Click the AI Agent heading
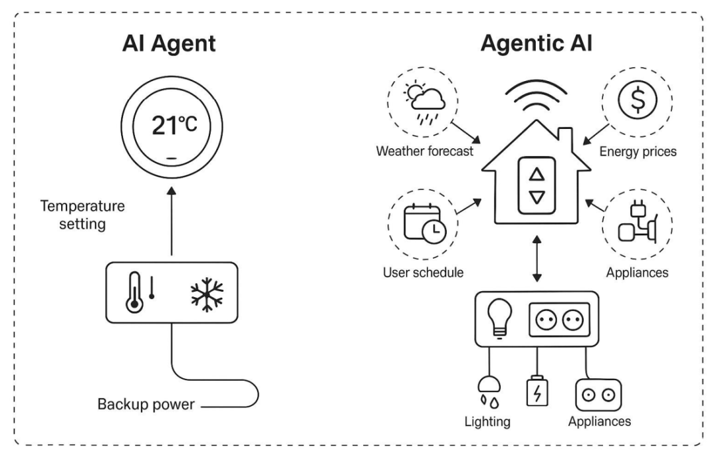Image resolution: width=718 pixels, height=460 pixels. point(170,44)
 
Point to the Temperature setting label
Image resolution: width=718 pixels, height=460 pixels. point(82,215)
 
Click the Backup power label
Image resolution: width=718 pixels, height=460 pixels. point(146,403)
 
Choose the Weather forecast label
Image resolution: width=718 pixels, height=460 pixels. point(425,152)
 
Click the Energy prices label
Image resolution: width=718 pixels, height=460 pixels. point(638,152)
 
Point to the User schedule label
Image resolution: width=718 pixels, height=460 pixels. point(423,273)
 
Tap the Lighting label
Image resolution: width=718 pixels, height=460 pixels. point(489,421)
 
